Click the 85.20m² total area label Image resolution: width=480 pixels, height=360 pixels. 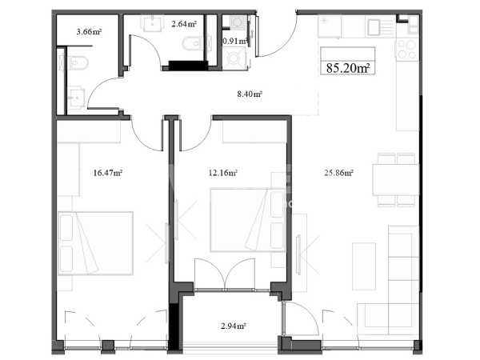pyautogui.click(x=348, y=68)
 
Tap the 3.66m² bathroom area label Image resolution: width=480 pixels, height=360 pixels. pyautogui.click(x=89, y=31)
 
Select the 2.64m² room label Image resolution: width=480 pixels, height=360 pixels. pyautogui.click(x=184, y=24)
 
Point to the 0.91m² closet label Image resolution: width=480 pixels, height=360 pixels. pyautogui.click(x=235, y=41)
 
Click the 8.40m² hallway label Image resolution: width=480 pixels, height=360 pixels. pyautogui.click(x=250, y=94)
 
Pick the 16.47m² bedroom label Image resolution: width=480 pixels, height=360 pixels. pyautogui.click(x=108, y=173)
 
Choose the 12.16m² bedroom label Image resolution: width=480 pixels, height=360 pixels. pyautogui.click(x=223, y=173)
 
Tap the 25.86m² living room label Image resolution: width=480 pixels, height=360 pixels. pyautogui.click(x=338, y=173)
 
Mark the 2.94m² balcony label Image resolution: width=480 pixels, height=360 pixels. pyautogui.click(x=234, y=326)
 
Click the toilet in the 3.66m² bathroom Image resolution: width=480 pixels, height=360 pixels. pyautogui.click(x=77, y=62)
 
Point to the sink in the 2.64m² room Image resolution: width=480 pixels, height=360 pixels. pyautogui.click(x=151, y=24)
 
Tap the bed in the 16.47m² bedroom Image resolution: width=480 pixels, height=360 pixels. pyautogui.click(x=95, y=243)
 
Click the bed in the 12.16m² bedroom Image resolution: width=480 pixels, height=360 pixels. pyautogui.click(x=247, y=220)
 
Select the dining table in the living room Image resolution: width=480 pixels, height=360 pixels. pyautogui.click(x=395, y=180)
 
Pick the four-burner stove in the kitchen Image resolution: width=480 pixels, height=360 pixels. pyautogui.click(x=407, y=50)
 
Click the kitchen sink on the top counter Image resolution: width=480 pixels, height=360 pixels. pyautogui.click(x=374, y=27)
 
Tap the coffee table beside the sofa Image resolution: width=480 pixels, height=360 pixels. pyautogui.click(x=364, y=266)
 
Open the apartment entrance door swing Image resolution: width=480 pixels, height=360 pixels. pyautogui.click(x=277, y=34)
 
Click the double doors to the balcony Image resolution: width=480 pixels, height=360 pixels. pyautogui.click(x=225, y=274)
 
